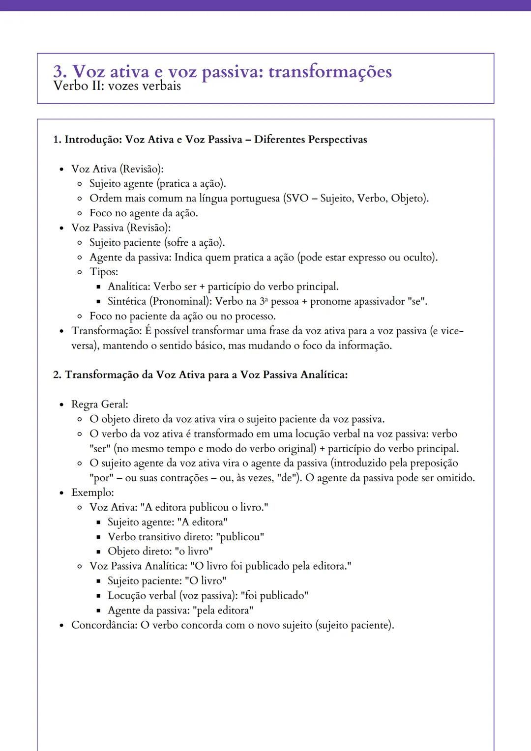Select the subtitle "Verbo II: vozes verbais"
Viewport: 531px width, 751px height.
[x=117, y=86]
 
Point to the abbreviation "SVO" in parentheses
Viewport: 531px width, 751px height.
[x=296, y=199]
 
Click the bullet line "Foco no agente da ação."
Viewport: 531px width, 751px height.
[x=144, y=213]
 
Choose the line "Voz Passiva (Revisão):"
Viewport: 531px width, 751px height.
[x=121, y=228]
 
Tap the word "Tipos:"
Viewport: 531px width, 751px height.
[x=104, y=272]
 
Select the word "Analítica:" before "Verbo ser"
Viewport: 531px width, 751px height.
[x=129, y=287]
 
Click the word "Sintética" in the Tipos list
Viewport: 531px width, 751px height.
[x=127, y=301]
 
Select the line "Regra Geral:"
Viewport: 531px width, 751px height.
[x=100, y=404]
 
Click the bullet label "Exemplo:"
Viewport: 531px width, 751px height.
[x=92, y=492]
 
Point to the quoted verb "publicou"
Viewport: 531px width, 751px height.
[x=240, y=537]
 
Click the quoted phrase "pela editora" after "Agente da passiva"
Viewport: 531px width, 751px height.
[x=223, y=610]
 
